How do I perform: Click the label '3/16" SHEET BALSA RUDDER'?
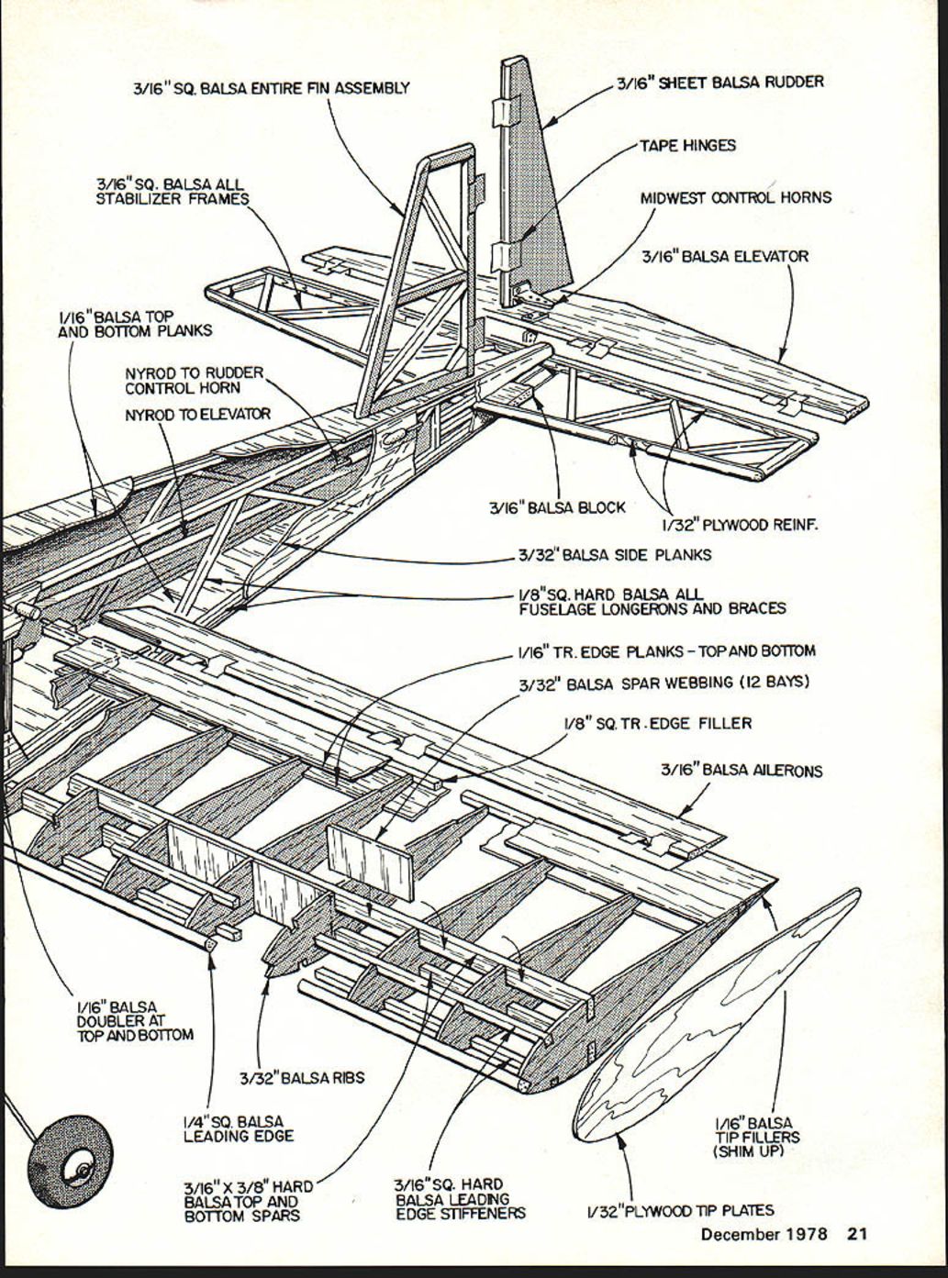pos(719,83)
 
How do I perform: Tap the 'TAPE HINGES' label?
pos(687,145)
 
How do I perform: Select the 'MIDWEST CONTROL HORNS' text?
pos(735,197)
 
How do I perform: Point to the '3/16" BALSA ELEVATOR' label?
pos(725,256)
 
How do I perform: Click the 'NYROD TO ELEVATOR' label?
pos(197,415)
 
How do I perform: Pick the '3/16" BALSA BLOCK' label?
pos(557,506)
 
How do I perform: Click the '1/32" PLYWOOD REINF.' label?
pos(739,526)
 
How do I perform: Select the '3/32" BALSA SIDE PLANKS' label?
pos(614,554)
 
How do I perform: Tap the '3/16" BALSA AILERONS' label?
pos(742,771)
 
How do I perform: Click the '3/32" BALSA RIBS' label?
pos(302,1077)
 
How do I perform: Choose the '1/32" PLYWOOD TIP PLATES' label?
pos(680,1211)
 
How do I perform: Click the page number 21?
pos(856,1234)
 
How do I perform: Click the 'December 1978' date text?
pos(764,1234)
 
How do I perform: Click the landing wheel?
pos(70,1161)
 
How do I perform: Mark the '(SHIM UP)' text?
pos(748,1150)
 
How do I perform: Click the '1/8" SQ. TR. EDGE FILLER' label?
pos(657,723)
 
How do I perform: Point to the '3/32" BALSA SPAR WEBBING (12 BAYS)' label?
pos(664,683)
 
